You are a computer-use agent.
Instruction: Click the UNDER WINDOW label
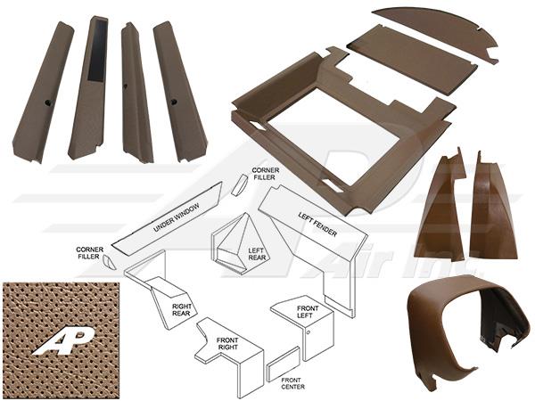pyautogui.click(x=176, y=218)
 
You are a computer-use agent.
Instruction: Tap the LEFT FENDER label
pyautogui.click(x=317, y=225)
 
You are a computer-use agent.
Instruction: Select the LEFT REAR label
pyautogui.click(x=257, y=254)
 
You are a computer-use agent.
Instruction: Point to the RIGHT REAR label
pyautogui.click(x=181, y=309)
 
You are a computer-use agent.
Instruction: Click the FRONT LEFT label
pyautogui.click(x=307, y=312)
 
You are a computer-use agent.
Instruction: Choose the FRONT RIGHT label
pyautogui.click(x=227, y=344)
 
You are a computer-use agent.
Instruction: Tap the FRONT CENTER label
pyautogui.click(x=292, y=383)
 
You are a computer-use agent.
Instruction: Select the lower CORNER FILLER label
pyautogui.click(x=89, y=253)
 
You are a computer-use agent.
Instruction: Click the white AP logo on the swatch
pyautogui.click(x=64, y=342)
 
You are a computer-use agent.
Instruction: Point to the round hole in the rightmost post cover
pyautogui.click(x=174, y=102)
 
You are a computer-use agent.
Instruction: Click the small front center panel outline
pyautogui.click(x=284, y=364)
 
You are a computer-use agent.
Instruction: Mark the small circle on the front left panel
pyautogui.click(x=309, y=332)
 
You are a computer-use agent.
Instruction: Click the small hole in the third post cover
pyautogui.click(x=126, y=86)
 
